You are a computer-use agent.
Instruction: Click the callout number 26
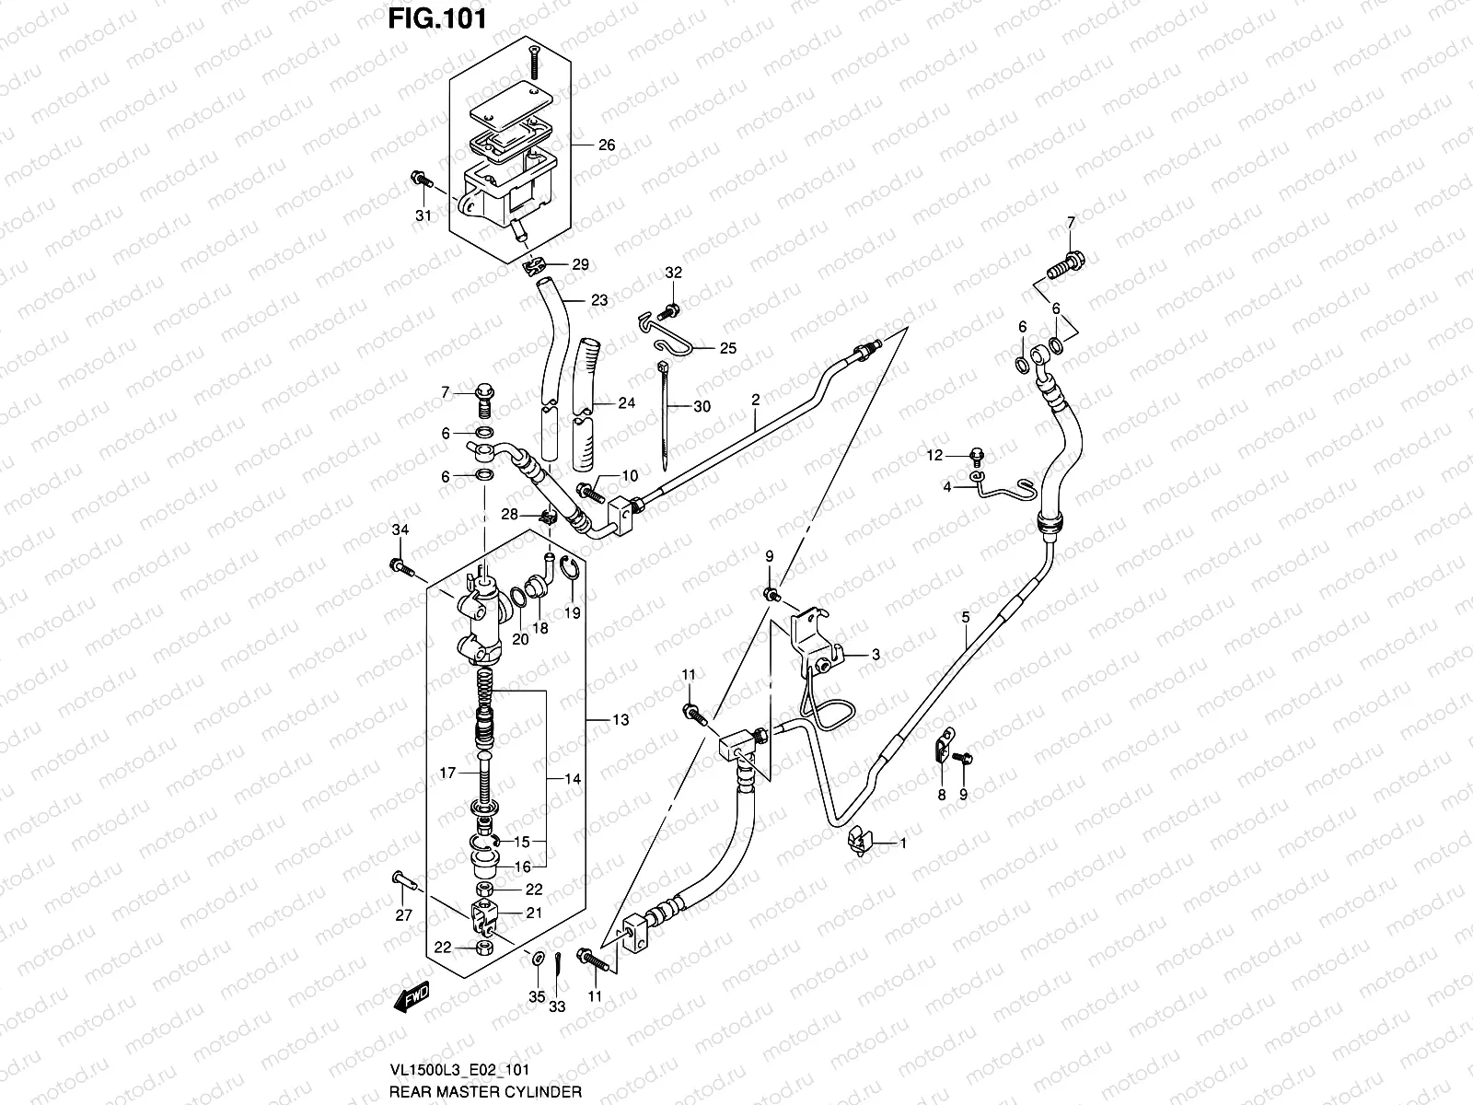pyautogui.click(x=606, y=145)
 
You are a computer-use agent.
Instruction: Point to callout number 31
pyautogui.click(x=423, y=216)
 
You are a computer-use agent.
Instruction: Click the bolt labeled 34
pyautogui.click(x=400, y=565)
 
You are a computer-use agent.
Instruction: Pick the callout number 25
pyautogui.click(x=727, y=349)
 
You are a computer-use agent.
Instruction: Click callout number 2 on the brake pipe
pyautogui.click(x=755, y=400)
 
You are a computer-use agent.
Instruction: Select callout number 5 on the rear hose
pyautogui.click(x=965, y=617)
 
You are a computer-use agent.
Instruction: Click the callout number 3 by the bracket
pyautogui.click(x=876, y=655)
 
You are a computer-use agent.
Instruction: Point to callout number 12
pyautogui.click(x=935, y=455)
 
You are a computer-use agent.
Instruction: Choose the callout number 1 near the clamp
pyautogui.click(x=903, y=843)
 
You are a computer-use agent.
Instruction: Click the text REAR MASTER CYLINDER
pyautogui.click(x=485, y=1092)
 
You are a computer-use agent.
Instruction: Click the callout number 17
pyautogui.click(x=447, y=773)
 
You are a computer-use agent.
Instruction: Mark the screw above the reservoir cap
pyautogui.click(x=533, y=60)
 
